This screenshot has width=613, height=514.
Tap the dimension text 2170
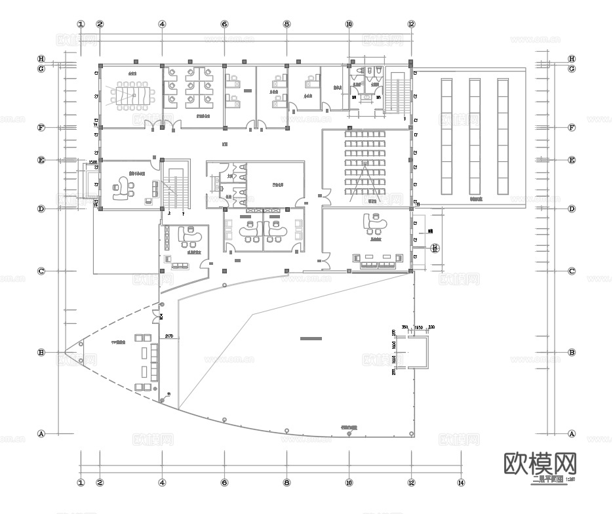168,336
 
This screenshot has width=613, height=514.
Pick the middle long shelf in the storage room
475,136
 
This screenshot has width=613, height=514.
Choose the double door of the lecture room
323,194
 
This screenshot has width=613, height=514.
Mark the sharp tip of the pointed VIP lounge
66,353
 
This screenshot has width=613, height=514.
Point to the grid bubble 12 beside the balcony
434,248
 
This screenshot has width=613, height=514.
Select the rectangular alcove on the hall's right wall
419,353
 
